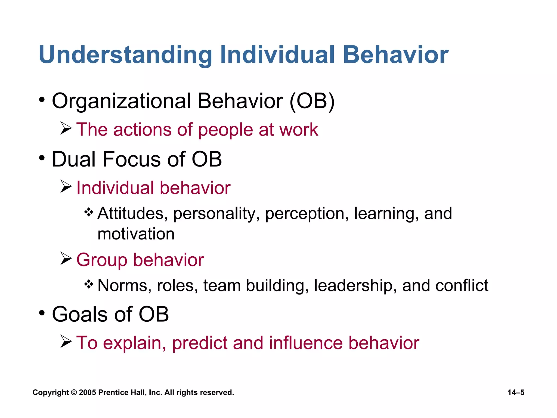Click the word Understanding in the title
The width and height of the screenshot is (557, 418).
pyautogui.click(x=125, y=55)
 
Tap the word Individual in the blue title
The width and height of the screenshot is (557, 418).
pyautogui.click(x=277, y=55)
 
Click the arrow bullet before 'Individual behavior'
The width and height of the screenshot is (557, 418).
pyautogui.click(x=66, y=187)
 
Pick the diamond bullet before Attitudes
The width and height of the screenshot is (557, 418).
pyautogui.click(x=89, y=212)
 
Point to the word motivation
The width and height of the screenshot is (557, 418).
pyautogui.click(x=136, y=234)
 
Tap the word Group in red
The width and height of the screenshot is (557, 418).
pyautogui.click(x=102, y=260)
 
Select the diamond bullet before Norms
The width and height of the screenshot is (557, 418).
pyautogui.click(x=89, y=284)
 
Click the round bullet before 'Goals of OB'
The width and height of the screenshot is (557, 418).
pyautogui.click(x=42, y=313)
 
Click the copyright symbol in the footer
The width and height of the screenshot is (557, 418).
pyautogui.click(x=74, y=393)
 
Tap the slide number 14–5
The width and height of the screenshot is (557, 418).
pyautogui.click(x=516, y=393)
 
